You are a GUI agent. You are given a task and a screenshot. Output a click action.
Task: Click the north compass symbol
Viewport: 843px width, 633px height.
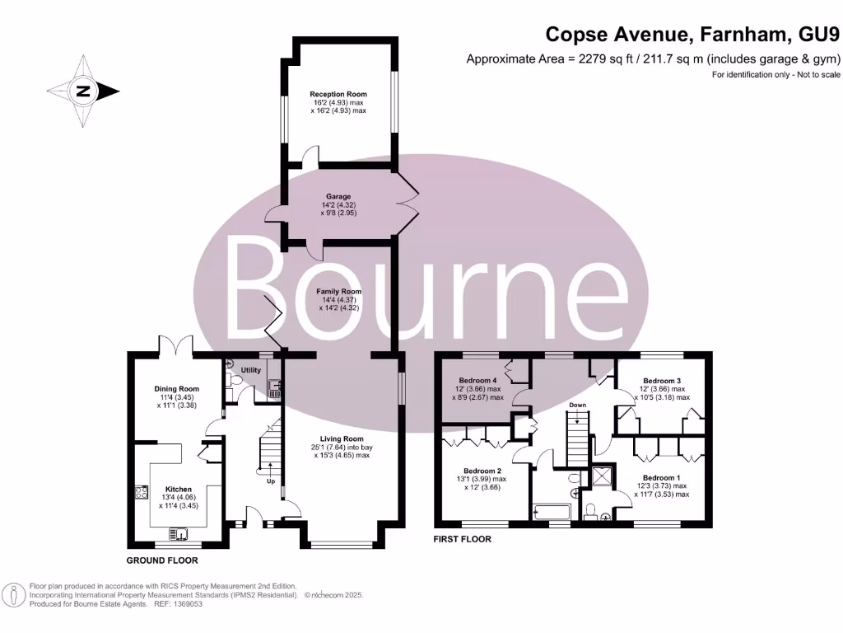[82, 91]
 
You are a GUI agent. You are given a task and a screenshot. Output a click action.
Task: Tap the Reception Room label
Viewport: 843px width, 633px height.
[338, 94]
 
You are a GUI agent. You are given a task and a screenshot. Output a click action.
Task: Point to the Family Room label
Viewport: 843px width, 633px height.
[339, 292]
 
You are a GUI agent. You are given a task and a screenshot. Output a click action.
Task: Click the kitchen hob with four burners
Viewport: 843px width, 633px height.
[140, 496]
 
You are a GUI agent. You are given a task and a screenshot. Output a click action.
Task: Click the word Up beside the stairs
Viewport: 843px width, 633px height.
[271, 481]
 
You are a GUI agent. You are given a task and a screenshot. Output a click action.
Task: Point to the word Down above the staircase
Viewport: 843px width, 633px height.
[578, 406]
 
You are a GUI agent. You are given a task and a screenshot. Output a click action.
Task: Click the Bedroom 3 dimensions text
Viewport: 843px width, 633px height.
[661, 392]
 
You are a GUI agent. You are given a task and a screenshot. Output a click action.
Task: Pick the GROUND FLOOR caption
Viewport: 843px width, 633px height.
[162, 560]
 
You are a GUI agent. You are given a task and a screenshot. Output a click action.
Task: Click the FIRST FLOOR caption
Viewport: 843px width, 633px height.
[463, 539]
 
